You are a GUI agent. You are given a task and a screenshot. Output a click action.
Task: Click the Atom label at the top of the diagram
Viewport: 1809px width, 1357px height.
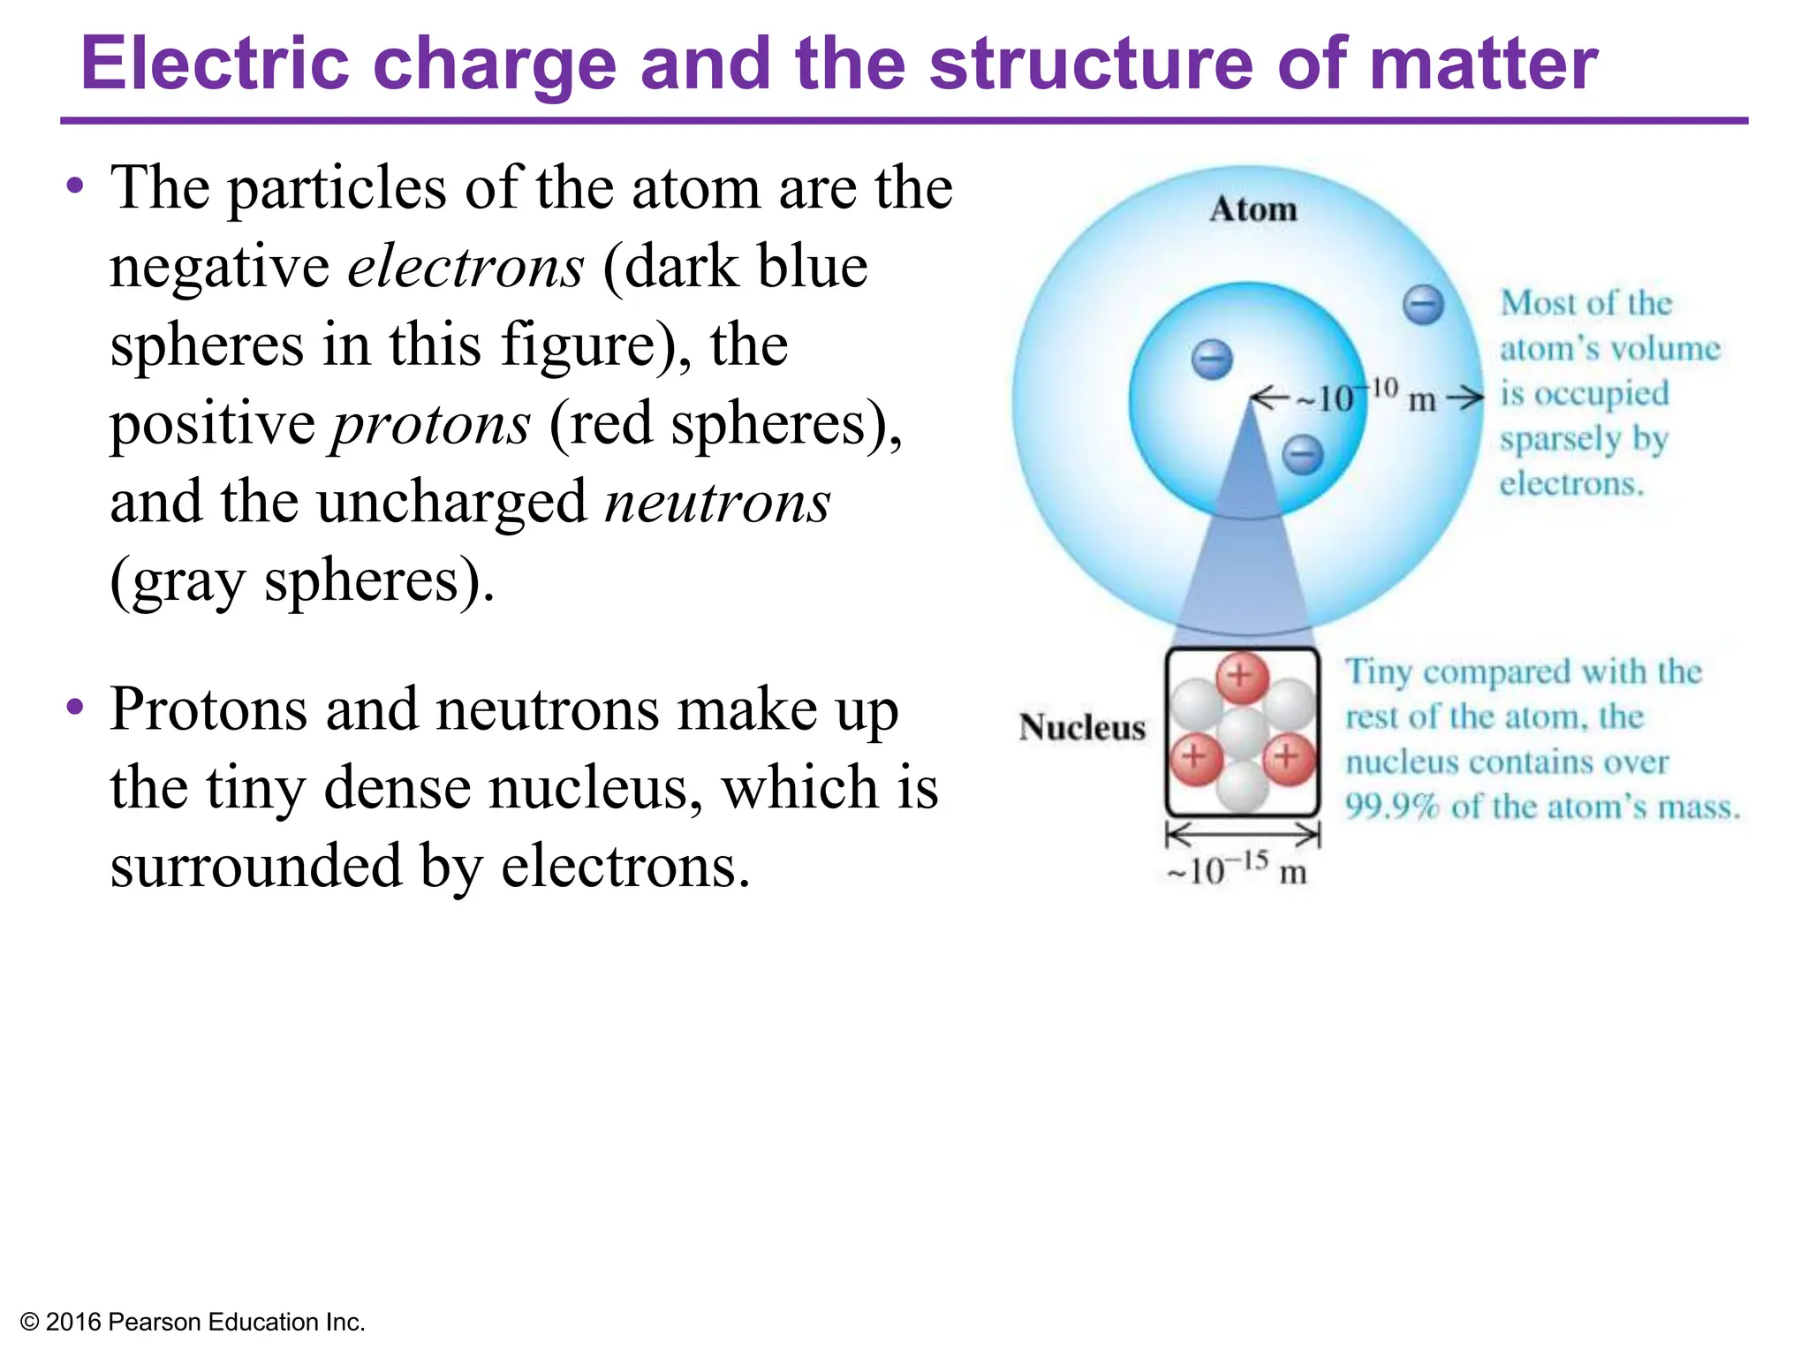click(1253, 209)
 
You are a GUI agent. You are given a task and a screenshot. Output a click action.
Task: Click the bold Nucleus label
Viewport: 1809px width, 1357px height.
click(1081, 727)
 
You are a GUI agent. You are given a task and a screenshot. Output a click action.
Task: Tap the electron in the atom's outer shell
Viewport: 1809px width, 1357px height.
click(1423, 306)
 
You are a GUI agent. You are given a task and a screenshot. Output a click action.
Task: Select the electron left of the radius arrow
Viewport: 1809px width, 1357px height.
click(1212, 360)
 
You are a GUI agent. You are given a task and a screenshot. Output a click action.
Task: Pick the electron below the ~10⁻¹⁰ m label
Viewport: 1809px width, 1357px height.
click(1303, 455)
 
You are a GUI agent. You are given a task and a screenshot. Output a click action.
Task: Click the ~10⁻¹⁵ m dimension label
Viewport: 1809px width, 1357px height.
click(1237, 870)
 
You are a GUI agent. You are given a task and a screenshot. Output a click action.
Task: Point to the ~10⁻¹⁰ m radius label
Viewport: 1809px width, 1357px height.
click(1366, 397)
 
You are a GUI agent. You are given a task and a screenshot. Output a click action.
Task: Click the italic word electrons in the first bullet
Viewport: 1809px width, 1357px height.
click(465, 267)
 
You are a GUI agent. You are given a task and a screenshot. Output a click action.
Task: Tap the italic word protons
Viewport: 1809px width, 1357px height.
click(431, 424)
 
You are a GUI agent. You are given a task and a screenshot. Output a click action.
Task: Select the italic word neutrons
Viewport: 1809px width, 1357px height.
click(717, 502)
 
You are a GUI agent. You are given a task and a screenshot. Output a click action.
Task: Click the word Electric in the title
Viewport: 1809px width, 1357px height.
click(216, 64)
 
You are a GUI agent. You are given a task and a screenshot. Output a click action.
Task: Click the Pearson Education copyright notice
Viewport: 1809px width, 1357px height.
click(193, 1322)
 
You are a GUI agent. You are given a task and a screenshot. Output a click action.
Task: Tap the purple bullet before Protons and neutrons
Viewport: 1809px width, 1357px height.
click(76, 707)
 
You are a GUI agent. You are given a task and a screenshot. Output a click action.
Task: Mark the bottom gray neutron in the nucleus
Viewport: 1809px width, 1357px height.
click(1242, 786)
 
